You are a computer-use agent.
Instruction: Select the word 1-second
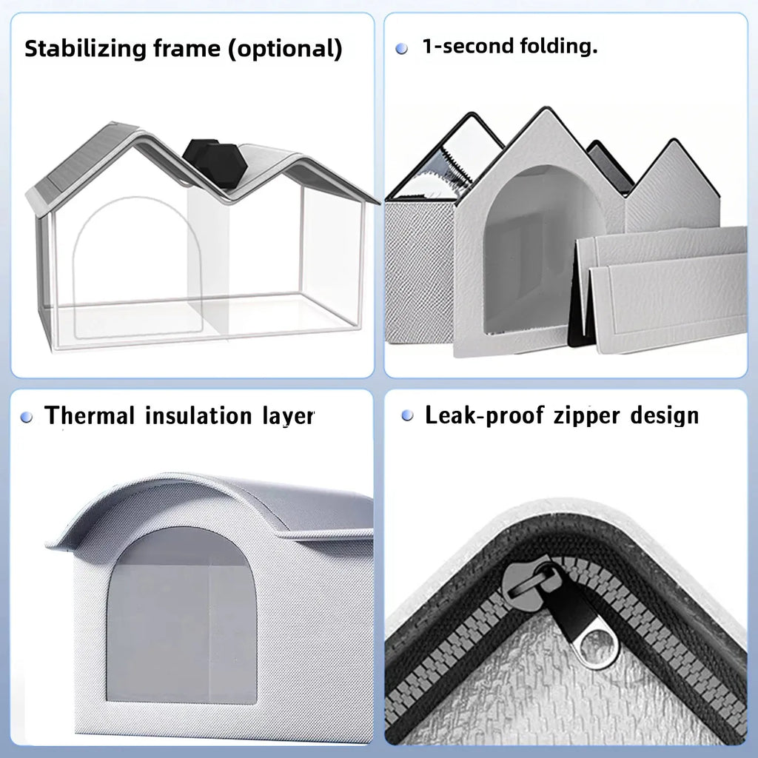(x=467, y=47)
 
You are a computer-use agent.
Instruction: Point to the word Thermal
(x=90, y=415)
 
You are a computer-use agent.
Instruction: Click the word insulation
(x=195, y=415)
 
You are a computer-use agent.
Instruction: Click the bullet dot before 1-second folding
(x=402, y=48)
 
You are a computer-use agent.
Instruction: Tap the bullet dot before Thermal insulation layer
(x=27, y=417)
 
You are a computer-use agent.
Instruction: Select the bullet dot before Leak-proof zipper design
(x=407, y=415)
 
